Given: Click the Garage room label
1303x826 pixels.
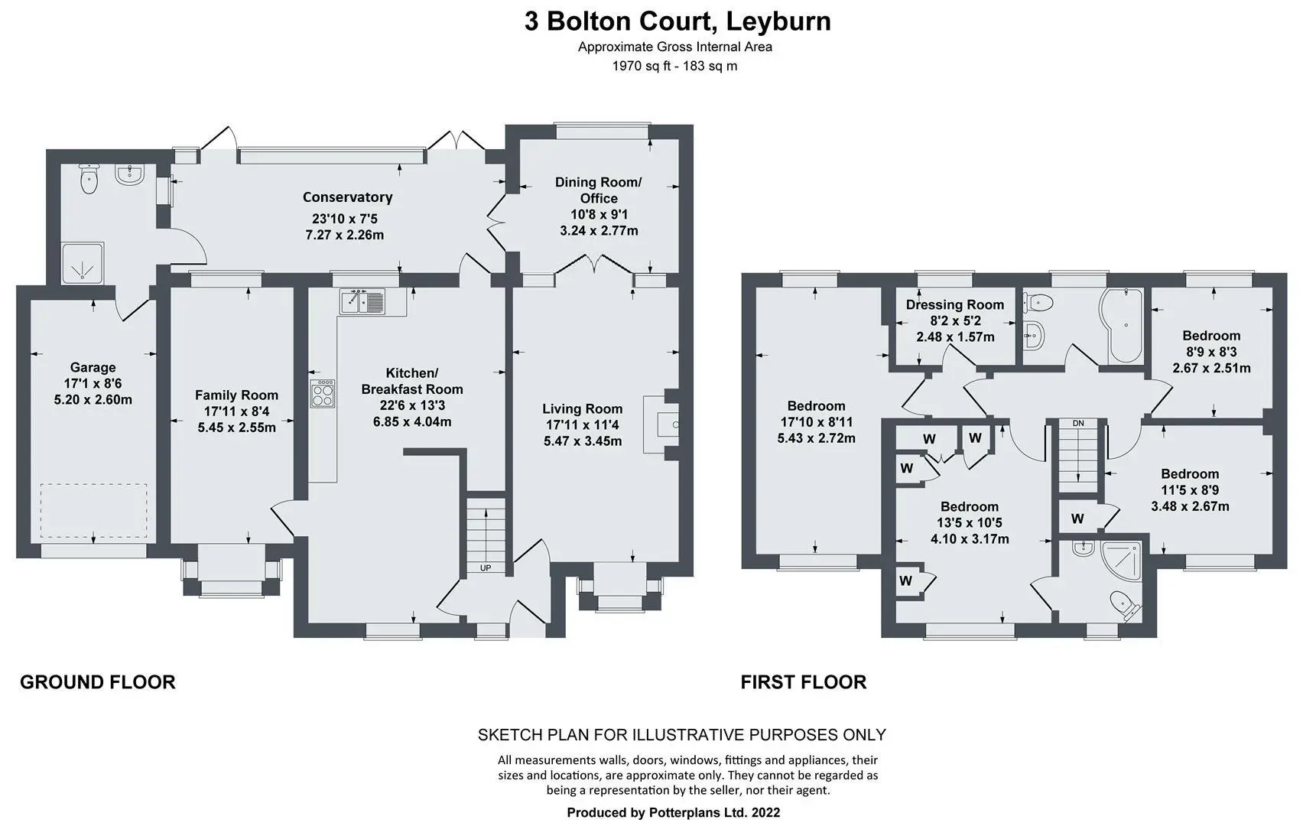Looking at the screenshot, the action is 93,367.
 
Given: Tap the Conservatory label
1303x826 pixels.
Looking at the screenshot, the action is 347,197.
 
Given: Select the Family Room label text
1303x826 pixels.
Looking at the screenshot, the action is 236,395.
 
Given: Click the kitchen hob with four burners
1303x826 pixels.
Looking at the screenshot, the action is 322,394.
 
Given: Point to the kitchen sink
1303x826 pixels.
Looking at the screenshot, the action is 362,301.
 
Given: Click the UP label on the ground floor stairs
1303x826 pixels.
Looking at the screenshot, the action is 485,567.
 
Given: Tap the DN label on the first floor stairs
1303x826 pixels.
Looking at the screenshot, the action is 1078,424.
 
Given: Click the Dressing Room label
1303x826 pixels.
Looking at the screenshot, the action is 954,305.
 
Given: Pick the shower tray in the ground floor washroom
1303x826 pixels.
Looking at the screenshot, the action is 83,263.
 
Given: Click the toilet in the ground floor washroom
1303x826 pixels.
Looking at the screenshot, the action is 89,178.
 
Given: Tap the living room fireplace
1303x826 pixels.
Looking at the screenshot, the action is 661,424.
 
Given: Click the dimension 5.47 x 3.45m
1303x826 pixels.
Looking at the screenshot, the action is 582,441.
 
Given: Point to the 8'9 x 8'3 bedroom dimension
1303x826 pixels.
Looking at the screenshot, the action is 1211,352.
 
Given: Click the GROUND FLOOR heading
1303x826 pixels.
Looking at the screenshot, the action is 98,682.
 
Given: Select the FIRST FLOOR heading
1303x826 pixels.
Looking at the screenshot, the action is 804,682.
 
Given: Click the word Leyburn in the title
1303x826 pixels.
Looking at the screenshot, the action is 778,22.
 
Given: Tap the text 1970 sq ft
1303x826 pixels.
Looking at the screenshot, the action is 641,67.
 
